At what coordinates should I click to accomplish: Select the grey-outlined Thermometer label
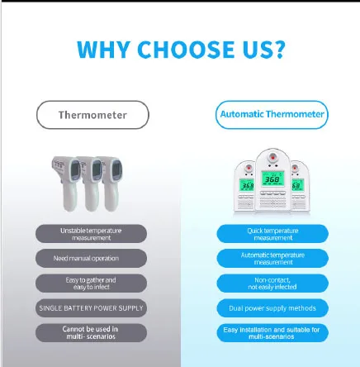[x=92, y=115]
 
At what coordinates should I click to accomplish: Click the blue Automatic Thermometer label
[x=272, y=115]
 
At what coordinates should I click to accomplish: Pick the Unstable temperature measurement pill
[x=91, y=234]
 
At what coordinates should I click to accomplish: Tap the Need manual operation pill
[x=91, y=259]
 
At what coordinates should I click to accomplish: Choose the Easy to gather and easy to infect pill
[x=91, y=284]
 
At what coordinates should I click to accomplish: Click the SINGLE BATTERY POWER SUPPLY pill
[x=91, y=308]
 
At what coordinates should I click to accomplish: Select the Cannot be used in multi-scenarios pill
[x=91, y=333]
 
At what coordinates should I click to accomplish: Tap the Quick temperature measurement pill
[x=272, y=234]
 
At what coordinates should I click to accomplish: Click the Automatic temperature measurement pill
[x=272, y=259]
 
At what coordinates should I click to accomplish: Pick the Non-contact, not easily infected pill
[x=272, y=284]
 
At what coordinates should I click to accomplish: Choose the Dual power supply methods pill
[x=272, y=308]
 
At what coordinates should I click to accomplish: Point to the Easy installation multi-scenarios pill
[x=272, y=333]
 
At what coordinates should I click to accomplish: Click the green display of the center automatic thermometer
[x=272, y=179]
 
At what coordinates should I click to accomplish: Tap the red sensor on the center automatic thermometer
[x=272, y=158]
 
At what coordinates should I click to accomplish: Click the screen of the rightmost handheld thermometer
[x=116, y=169]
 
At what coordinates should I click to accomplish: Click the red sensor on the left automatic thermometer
[x=249, y=168]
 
